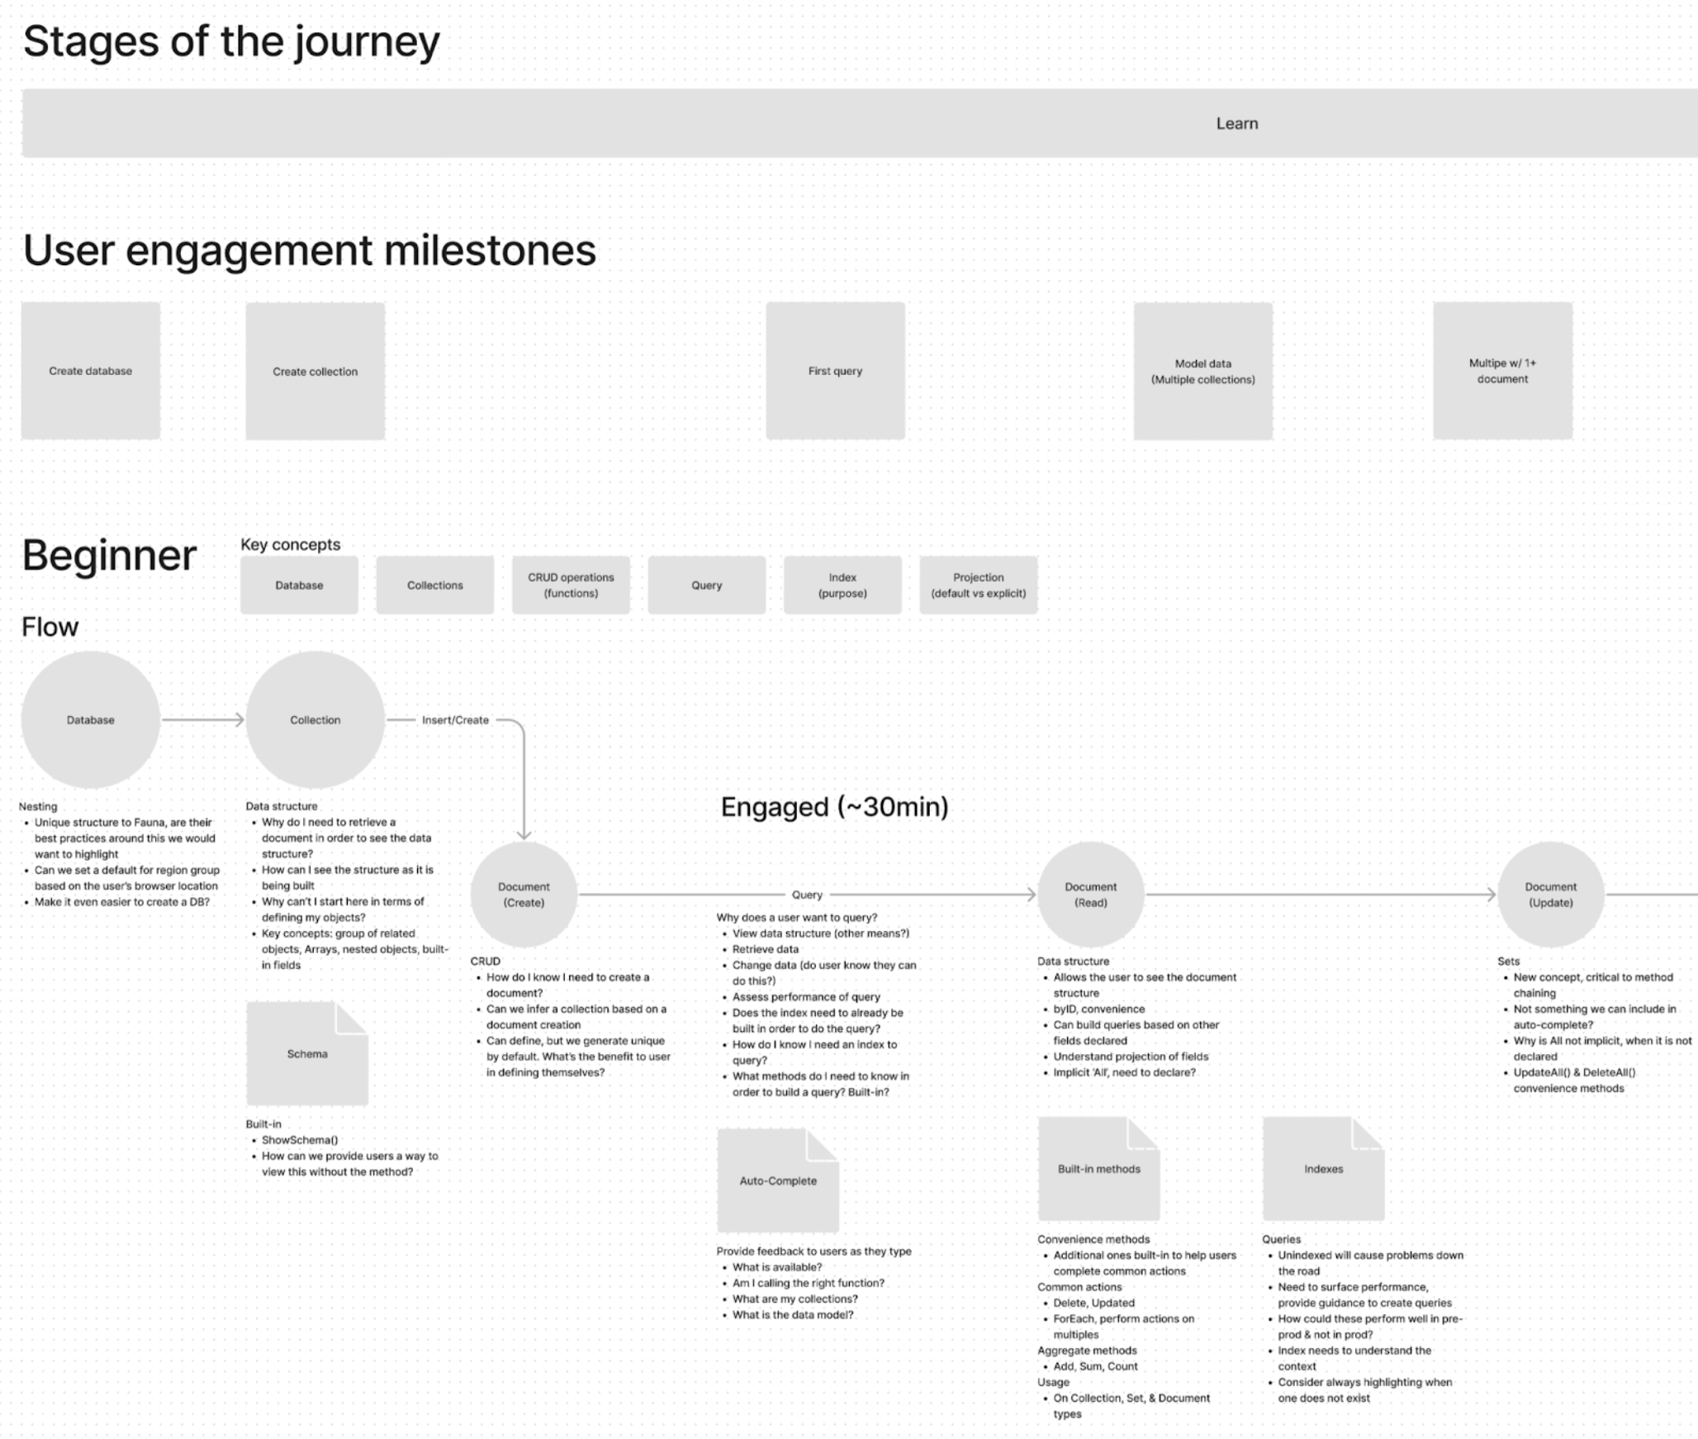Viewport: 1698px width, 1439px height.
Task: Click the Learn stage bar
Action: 859,123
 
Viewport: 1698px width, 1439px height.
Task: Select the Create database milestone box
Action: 91,371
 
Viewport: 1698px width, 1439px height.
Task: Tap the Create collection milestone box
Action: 315,371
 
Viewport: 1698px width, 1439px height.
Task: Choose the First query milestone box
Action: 835,371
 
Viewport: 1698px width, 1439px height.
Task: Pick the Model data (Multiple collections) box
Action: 1202,371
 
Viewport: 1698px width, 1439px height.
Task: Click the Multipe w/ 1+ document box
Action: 1502,371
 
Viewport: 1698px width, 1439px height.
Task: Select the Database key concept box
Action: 299,585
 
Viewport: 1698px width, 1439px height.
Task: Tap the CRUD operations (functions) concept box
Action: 571,585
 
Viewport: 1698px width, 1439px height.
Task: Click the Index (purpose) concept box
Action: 842,585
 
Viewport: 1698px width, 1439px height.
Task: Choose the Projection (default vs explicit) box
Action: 978,585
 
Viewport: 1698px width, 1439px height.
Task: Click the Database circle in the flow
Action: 91,719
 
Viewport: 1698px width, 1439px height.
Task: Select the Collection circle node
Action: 315,719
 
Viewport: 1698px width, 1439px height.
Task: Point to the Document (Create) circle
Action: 524,895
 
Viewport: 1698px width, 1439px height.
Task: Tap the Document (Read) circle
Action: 1090,895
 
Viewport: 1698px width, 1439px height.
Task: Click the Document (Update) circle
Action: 1550,895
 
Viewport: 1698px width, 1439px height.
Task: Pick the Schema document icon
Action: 307,1054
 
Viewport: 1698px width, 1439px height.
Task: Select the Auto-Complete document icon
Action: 778,1181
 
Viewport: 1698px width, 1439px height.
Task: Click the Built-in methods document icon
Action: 1098,1169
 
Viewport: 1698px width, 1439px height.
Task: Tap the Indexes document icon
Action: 1323,1169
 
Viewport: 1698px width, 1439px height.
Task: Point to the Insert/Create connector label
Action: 455,720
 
